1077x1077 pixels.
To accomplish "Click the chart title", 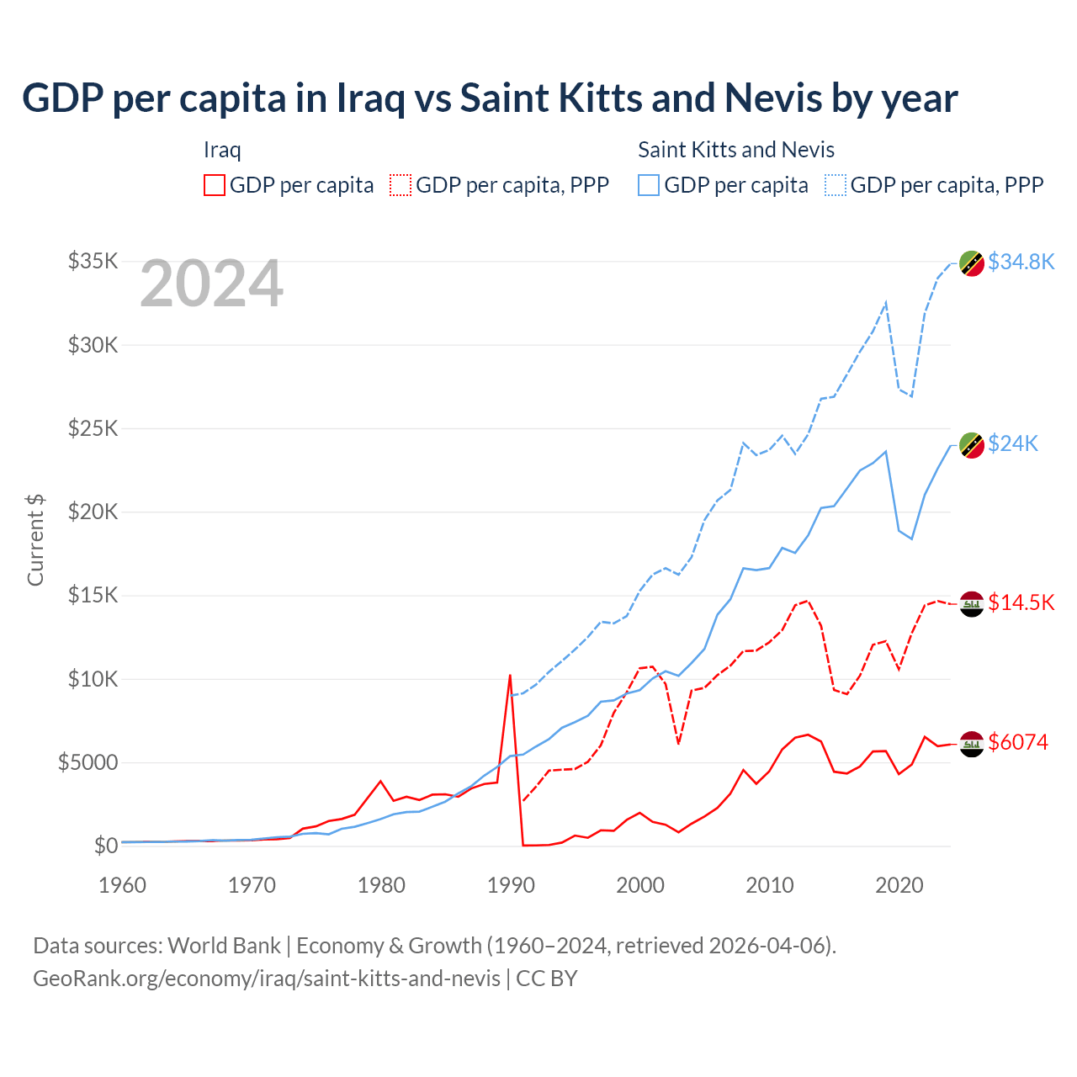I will [490, 98].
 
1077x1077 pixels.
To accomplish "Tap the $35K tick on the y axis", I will [93, 261].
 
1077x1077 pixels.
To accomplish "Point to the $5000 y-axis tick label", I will [88, 762].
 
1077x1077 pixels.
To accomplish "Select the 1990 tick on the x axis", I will [511, 885].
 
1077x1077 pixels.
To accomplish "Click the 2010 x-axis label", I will [770, 885].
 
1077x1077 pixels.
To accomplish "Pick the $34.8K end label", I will [1021, 262].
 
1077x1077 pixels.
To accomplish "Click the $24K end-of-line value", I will [1013, 443].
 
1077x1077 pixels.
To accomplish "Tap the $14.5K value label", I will [1021, 602].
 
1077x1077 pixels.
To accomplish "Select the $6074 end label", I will [1018, 742].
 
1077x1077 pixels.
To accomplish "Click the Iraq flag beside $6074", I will [972, 744].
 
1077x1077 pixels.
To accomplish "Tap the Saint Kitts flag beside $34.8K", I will [972, 263].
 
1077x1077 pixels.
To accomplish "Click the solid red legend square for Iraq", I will [215, 185].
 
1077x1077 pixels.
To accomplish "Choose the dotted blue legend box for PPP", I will [836, 185].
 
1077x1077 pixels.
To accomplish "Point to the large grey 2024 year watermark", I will [211, 284].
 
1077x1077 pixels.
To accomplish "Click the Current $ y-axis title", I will [35, 540].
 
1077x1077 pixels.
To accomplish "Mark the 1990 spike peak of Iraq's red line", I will [510, 675].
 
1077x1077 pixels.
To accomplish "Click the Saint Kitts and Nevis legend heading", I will [736, 150].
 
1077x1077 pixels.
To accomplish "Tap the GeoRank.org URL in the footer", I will [267, 979].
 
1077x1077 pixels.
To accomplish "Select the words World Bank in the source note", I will [224, 946].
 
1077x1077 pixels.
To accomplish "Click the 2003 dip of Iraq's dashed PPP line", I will [678, 744].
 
